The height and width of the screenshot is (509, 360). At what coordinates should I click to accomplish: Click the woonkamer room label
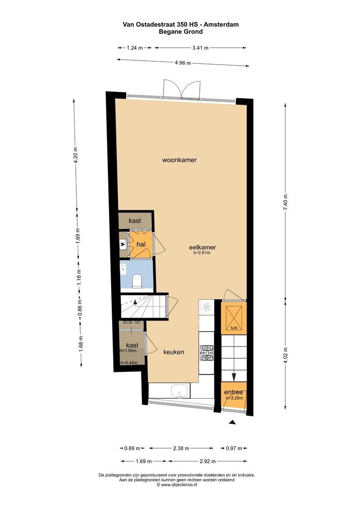click(x=179, y=160)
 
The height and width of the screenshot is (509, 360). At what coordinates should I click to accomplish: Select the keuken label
click(x=173, y=352)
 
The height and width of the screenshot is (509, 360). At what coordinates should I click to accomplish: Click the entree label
click(x=233, y=392)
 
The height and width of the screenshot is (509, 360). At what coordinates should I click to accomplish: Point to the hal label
click(x=140, y=244)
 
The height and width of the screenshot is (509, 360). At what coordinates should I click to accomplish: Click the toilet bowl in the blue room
click(x=137, y=281)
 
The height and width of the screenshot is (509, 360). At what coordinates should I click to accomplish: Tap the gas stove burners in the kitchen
click(x=207, y=353)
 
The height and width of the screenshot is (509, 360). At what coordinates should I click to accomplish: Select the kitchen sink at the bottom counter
click(x=180, y=391)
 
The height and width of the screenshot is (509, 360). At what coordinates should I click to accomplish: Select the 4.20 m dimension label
click(x=75, y=155)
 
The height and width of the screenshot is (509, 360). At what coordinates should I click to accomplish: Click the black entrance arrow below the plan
click(x=232, y=423)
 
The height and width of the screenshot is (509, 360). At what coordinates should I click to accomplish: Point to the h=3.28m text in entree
click(x=234, y=398)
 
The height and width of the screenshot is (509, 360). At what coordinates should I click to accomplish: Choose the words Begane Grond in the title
click(x=180, y=32)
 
